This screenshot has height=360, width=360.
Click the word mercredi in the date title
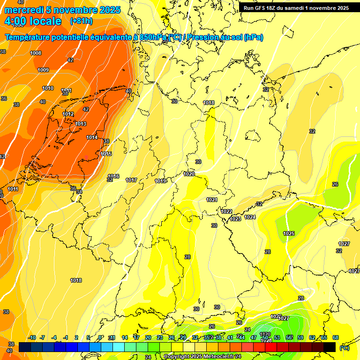(x=22, y=10)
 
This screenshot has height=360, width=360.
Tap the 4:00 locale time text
(x=33, y=21)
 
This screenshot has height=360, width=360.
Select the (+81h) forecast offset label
(x=81, y=21)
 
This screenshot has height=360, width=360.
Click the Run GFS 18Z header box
(x=296, y=8)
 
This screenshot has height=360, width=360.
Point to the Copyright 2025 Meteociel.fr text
(x=202, y=357)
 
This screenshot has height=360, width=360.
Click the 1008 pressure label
(x=36, y=53)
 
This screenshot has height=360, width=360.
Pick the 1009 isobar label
(x=43, y=70)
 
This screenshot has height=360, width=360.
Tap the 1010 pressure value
(x=48, y=88)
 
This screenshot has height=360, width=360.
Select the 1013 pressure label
(x=81, y=124)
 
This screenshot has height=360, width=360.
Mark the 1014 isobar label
(x=92, y=137)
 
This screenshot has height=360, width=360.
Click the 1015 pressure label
(x=106, y=154)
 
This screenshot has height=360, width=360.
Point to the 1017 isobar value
(x=131, y=180)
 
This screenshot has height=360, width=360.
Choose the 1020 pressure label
(x=189, y=174)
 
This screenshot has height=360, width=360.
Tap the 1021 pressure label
(x=212, y=200)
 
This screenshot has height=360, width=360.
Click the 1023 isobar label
(x=235, y=219)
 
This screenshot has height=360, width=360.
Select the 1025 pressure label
(x=289, y=233)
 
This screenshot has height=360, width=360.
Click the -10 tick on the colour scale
(x=32, y=337)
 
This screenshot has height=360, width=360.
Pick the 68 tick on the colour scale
(x=336, y=337)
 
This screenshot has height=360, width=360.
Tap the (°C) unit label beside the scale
(x=345, y=348)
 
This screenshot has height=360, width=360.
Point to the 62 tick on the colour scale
(x=312, y=337)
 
